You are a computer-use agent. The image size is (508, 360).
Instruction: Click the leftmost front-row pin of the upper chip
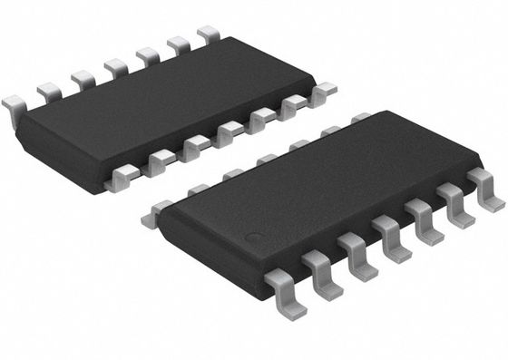(x=117, y=179)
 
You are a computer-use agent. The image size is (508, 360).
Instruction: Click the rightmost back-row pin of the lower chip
(x=360, y=117)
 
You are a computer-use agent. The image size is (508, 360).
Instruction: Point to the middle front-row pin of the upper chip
(x=227, y=132)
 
